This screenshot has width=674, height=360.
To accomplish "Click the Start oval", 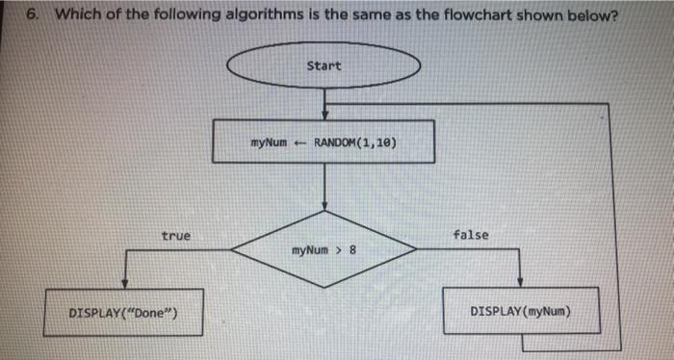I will [x=324, y=65].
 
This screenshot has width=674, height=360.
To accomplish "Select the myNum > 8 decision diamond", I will [x=324, y=250].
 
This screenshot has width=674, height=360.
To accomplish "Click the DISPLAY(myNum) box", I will [x=520, y=312].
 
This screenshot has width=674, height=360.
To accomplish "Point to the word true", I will [x=176, y=235].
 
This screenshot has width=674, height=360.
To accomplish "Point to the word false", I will [x=470, y=235].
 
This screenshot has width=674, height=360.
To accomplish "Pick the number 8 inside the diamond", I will [x=352, y=250].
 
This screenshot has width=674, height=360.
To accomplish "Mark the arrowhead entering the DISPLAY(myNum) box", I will [x=520, y=283].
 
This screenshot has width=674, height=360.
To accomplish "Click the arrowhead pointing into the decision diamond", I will [x=324, y=205].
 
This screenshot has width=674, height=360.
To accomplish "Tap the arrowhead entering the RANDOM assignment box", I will [x=324, y=115].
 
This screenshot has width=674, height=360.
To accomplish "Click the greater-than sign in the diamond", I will [x=338, y=250].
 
